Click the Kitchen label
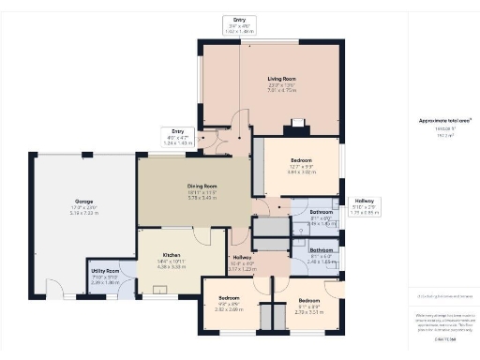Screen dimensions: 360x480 [172, 255]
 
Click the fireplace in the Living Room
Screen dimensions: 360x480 [297, 120]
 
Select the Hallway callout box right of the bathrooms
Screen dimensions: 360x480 [364, 206]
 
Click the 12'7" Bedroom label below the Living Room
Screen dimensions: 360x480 [298, 161]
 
